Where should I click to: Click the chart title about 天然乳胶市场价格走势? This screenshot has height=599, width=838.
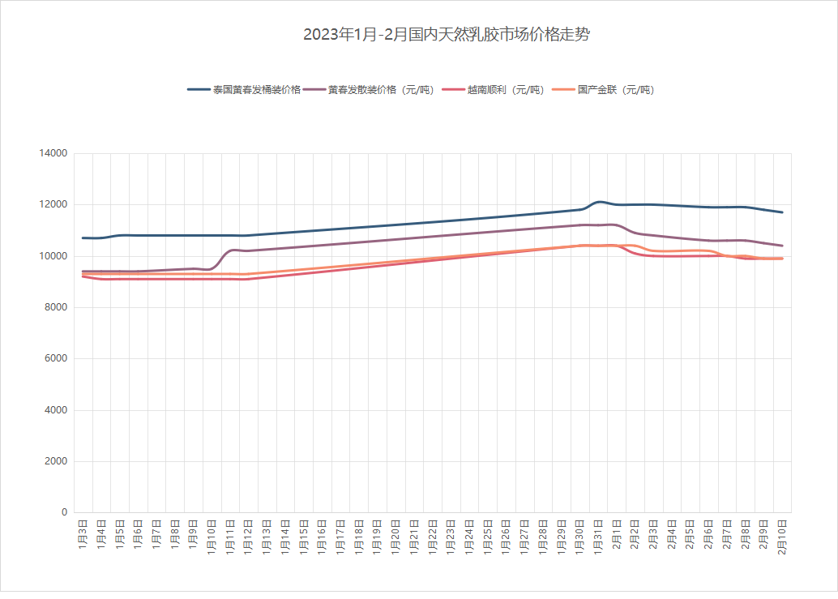coord(447,35)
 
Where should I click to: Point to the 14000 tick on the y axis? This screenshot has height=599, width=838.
coord(53,153)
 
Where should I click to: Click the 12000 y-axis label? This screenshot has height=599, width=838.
coord(53,204)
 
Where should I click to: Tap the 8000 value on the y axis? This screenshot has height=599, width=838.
coord(55,307)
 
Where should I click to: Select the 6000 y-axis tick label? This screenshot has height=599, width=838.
coord(55,358)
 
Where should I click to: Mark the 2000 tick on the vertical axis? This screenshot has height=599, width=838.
coord(55,461)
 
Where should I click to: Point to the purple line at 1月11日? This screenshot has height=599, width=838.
coord(230,250)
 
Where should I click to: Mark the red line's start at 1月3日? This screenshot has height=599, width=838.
coord(83,276)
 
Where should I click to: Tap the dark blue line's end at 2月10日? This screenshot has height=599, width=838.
coord(782,212)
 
